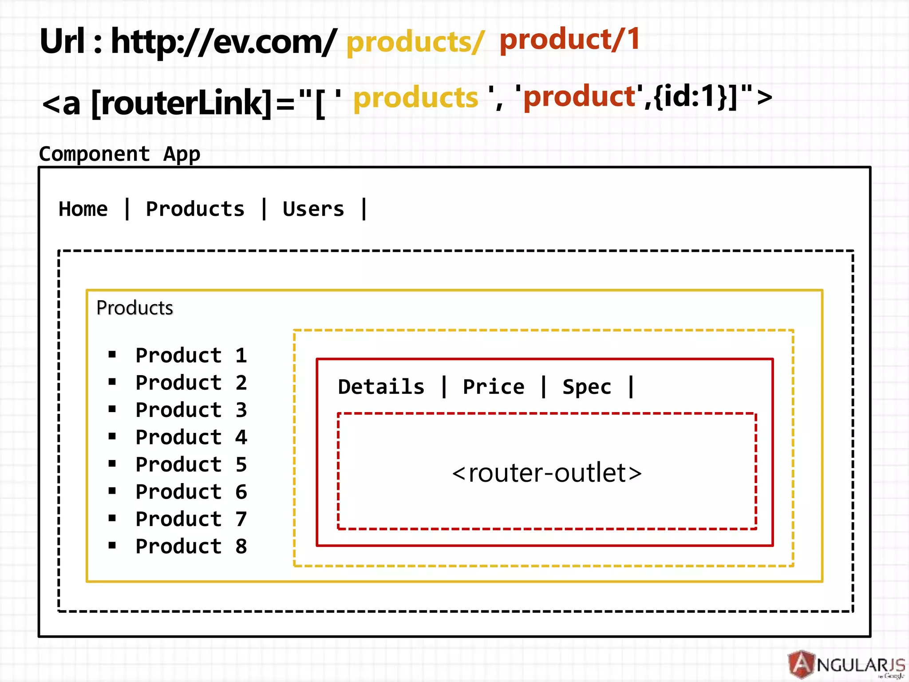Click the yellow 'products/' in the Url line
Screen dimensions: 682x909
(415, 43)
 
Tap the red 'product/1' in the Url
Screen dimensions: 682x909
(569, 40)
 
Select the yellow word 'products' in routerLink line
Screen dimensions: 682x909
(416, 98)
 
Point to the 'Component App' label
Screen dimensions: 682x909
(119, 154)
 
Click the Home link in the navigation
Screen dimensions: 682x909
(83, 209)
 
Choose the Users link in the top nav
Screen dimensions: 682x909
(313, 209)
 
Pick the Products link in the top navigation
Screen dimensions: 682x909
(195, 209)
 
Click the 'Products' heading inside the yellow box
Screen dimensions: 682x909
(134, 308)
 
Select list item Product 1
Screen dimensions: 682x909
(191, 355)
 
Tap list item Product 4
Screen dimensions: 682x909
(191, 437)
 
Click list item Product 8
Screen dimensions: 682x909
(191, 547)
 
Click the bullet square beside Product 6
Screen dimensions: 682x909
(112, 491)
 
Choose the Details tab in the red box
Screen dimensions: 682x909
(381, 387)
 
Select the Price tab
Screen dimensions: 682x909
(494, 387)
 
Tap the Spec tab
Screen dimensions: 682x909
(587, 387)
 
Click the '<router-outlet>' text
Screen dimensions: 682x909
(547, 473)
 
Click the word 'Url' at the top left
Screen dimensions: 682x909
(62, 42)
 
